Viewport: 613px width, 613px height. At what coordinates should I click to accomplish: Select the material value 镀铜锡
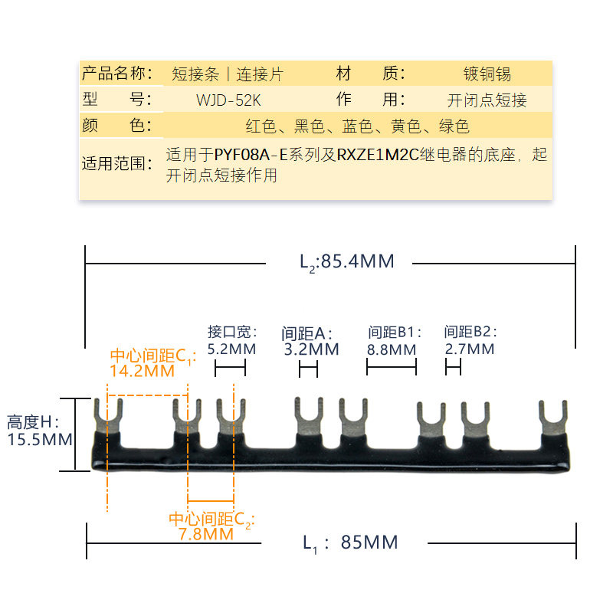(x=487, y=74)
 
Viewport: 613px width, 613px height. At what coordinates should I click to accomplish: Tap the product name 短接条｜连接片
(x=227, y=74)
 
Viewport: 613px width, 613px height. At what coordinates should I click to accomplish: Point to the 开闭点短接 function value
(x=487, y=100)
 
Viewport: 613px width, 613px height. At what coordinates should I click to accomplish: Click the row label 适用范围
(x=116, y=163)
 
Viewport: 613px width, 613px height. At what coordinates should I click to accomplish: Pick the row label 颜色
(x=116, y=126)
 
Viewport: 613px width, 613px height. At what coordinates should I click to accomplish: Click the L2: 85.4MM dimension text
(x=346, y=262)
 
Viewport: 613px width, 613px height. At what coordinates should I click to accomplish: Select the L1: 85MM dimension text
(x=350, y=543)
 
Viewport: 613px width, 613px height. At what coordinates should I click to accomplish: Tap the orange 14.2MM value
(x=143, y=372)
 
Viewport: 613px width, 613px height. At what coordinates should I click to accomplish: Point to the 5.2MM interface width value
(x=231, y=349)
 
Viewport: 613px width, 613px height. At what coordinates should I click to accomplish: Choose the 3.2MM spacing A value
(x=310, y=349)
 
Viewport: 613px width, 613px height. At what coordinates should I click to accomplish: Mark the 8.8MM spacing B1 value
(x=392, y=349)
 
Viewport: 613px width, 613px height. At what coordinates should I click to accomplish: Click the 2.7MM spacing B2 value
(x=469, y=349)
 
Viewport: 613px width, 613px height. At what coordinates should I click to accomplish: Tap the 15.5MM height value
(x=39, y=440)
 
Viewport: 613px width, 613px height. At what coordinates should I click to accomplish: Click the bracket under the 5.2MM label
(x=230, y=369)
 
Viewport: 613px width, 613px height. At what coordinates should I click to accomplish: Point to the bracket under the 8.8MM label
(x=391, y=369)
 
